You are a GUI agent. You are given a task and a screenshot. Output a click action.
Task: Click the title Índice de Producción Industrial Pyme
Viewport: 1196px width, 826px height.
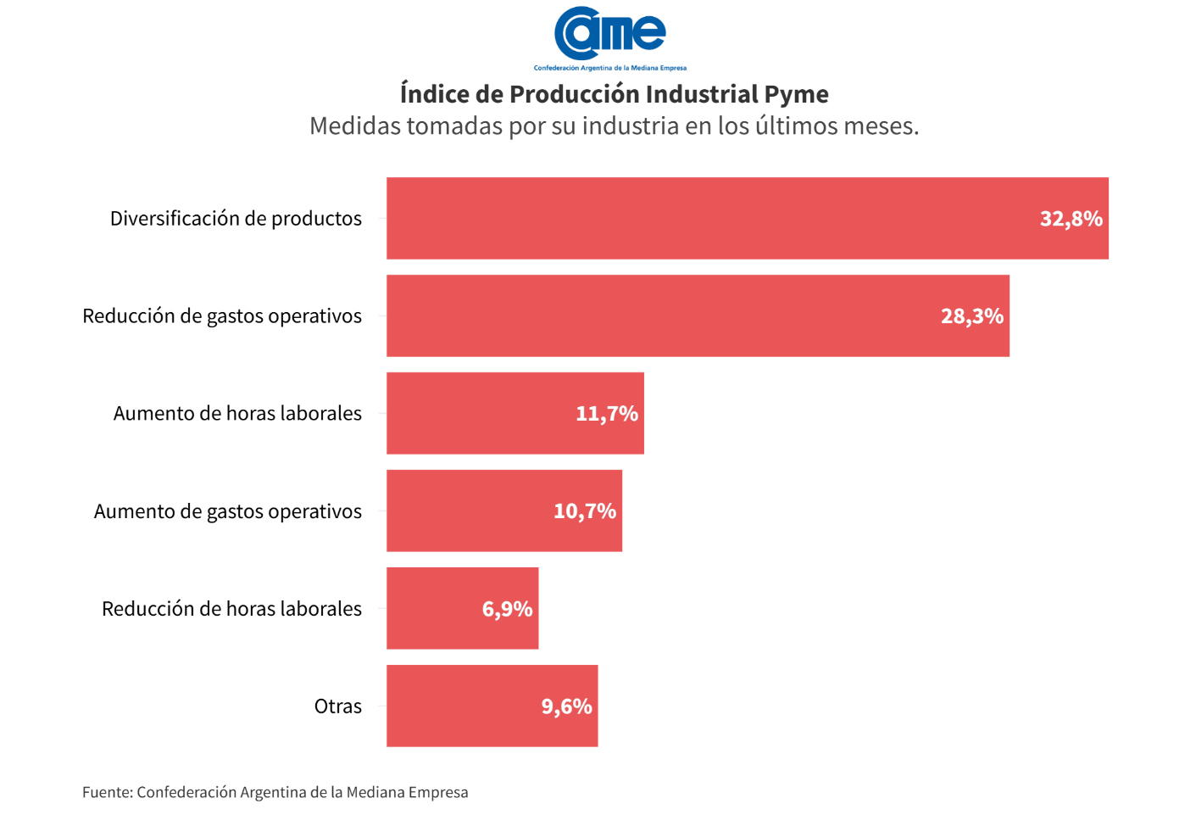coord(614,93)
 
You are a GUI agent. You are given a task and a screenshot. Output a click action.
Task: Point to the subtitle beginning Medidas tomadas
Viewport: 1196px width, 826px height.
coord(614,126)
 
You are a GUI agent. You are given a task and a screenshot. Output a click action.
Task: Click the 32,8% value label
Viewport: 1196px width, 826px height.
coord(1071,219)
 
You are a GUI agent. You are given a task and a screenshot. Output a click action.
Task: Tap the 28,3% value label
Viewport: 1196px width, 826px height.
coord(971,316)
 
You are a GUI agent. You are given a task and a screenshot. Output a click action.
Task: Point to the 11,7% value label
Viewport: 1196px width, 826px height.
coord(606,414)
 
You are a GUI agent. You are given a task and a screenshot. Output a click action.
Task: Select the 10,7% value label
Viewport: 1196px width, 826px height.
coord(584,511)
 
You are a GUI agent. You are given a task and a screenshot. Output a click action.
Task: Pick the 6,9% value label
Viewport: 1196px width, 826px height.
coord(507,609)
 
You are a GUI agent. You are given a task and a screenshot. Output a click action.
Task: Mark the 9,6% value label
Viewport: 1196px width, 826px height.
coord(566,706)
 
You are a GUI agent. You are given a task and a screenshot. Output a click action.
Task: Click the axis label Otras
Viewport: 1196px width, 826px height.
coord(337,706)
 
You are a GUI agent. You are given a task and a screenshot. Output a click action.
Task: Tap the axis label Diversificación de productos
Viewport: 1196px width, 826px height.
coord(236,219)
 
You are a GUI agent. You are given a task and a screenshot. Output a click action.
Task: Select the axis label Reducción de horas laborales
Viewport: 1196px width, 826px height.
coord(231,609)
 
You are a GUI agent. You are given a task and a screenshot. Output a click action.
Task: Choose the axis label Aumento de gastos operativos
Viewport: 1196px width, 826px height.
coord(227,511)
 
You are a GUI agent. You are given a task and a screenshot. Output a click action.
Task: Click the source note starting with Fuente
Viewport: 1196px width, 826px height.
coord(275,792)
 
